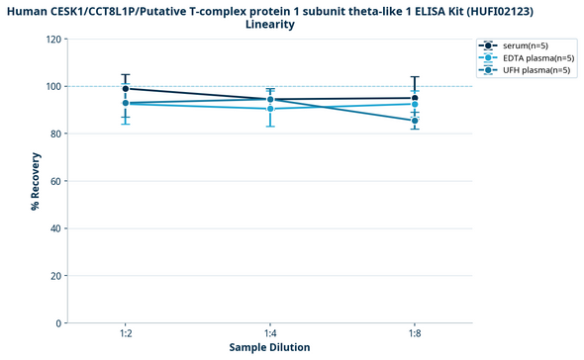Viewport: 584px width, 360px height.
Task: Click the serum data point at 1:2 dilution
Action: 126,89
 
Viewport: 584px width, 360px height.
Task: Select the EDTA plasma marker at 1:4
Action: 270,109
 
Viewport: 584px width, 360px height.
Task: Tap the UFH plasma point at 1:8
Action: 415,121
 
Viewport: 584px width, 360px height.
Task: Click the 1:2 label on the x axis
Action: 126,334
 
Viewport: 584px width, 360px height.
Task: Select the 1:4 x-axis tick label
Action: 270,334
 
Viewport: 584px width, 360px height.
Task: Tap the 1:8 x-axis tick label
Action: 415,334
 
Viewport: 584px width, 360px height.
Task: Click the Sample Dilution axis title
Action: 270,348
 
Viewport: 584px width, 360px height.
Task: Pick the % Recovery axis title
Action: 35,181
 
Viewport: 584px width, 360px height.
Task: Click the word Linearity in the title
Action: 270,24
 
